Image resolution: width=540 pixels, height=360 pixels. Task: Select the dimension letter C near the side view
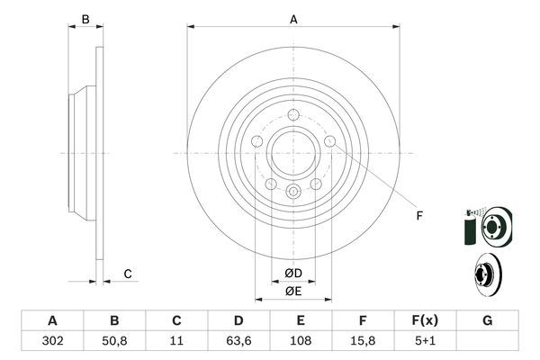tap(128, 274)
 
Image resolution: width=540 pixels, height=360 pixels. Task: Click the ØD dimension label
tap(293, 273)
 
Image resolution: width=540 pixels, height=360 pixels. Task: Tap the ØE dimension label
tap(293, 290)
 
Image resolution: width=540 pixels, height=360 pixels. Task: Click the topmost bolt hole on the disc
tap(293, 114)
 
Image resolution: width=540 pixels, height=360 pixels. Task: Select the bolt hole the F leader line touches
tap(329, 141)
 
